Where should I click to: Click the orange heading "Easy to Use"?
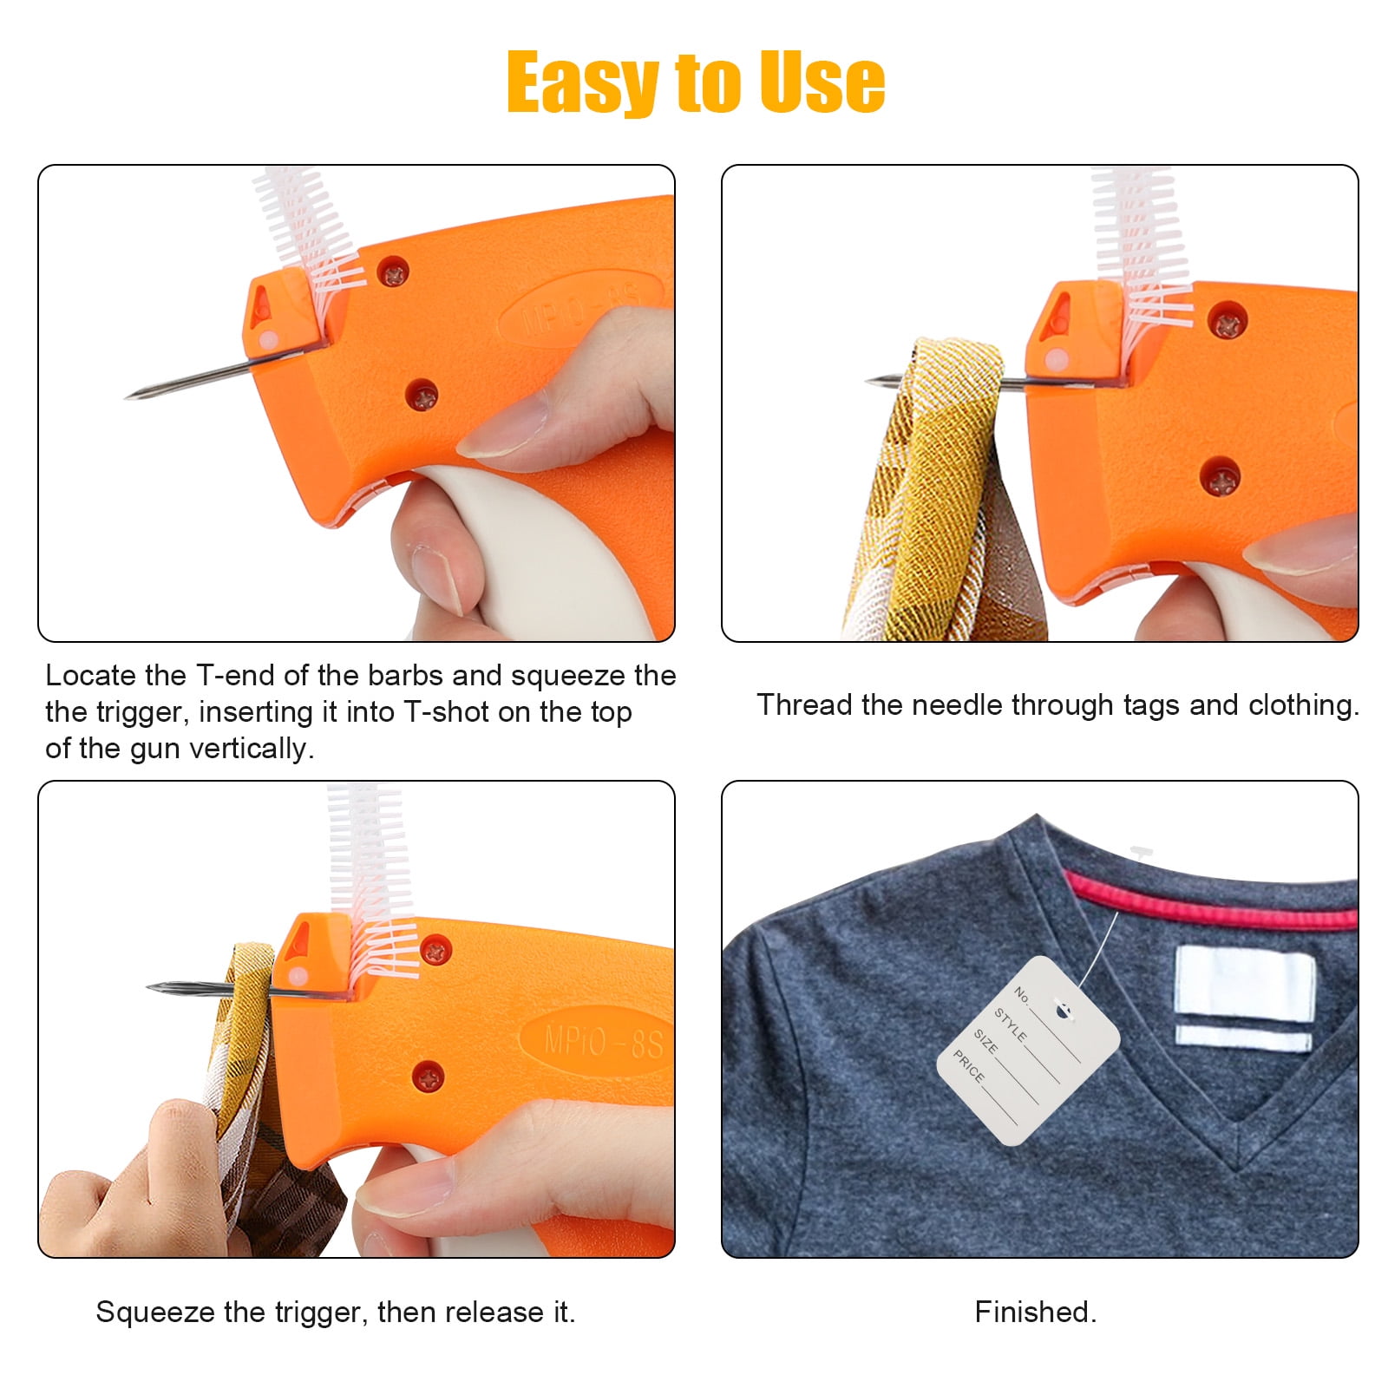tap(696, 82)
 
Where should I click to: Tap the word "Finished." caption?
tap(1036, 1312)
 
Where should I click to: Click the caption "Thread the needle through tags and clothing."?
tap(1058, 705)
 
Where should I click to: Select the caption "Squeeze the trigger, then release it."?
tap(336, 1312)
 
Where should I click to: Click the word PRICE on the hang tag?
tap(969, 1066)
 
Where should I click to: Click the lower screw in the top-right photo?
tap(1220, 476)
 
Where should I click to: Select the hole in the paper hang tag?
tap(1062, 1008)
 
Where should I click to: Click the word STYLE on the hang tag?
tap(1010, 1025)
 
